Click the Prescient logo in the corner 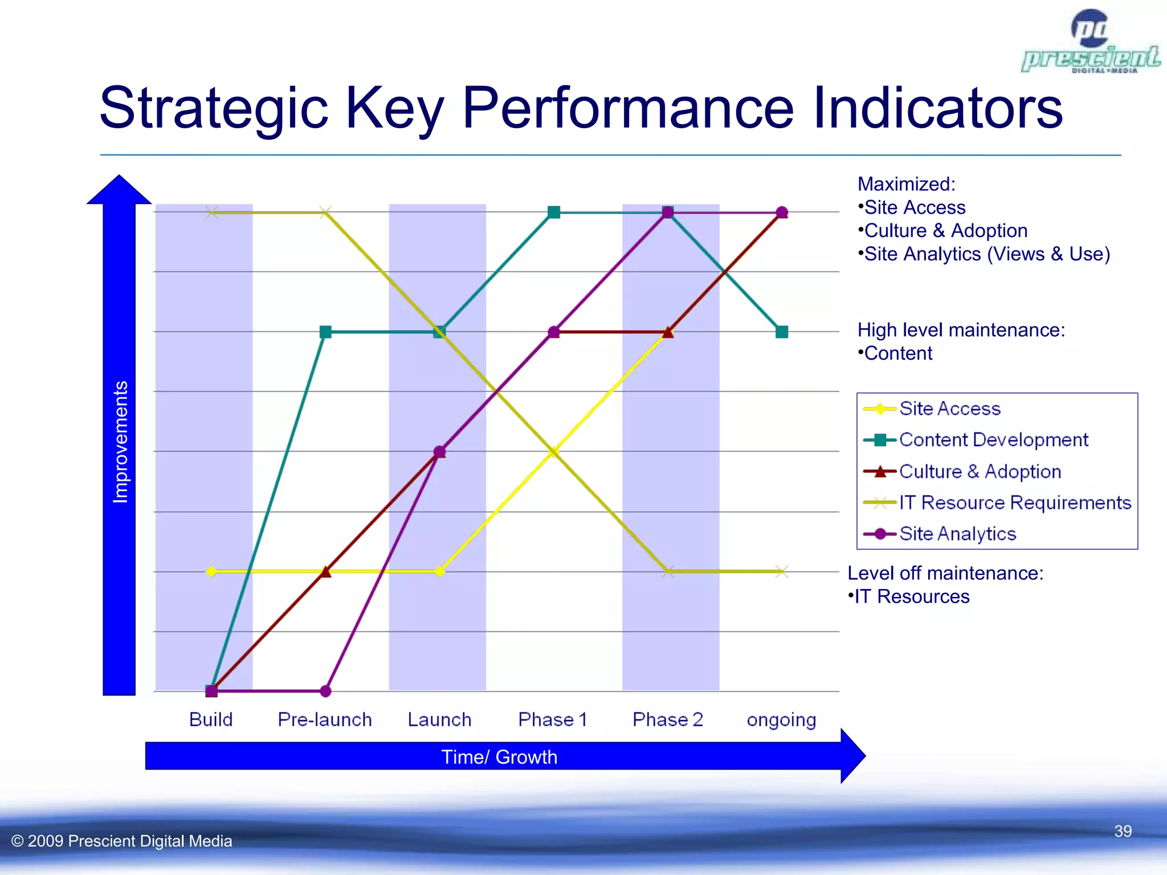click(x=1090, y=43)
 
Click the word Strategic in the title click(x=213, y=108)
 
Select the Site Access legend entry click(x=949, y=408)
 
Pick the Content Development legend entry click(x=993, y=440)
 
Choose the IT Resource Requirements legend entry click(x=1014, y=502)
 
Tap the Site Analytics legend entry click(x=957, y=534)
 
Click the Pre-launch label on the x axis click(x=324, y=719)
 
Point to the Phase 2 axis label click(x=667, y=719)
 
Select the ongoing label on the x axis click(x=781, y=720)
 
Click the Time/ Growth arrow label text click(x=499, y=757)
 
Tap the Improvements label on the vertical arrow click(x=120, y=442)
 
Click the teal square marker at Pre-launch click(x=325, y=332)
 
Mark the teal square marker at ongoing click(x=782, y=332)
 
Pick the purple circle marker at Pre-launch click(x=325, y=691)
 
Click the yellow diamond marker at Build click(x=211, y=571)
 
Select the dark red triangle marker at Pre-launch click(x=325, y=571)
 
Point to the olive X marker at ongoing click(x=782, y=571)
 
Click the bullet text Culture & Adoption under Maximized click(x=945, y=231)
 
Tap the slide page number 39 click(x=1123, y=831)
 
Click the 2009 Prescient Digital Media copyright click(x=122, y=841)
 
